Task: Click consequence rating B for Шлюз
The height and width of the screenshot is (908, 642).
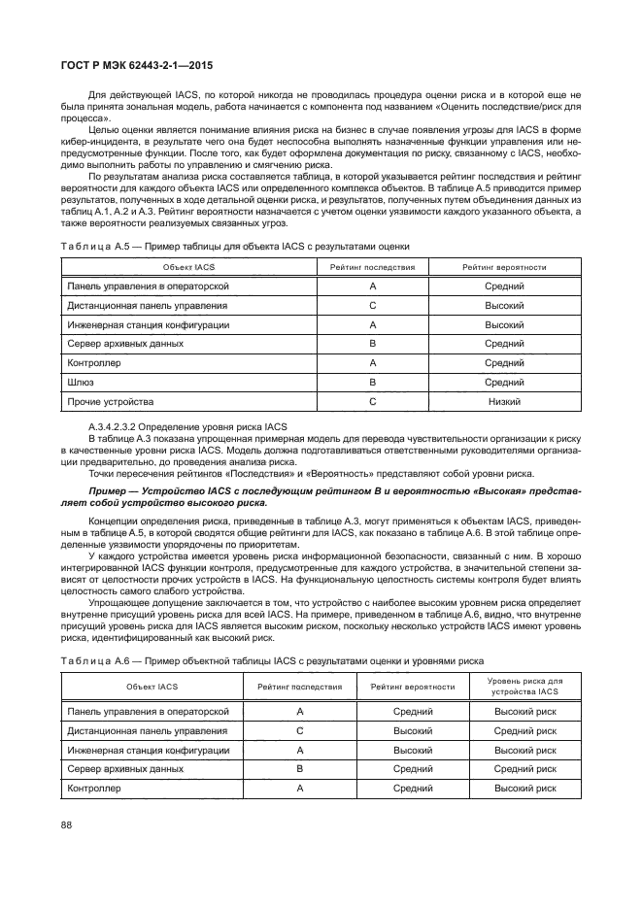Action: pos(372,382)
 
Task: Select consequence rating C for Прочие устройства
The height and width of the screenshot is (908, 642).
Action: pos(372,401)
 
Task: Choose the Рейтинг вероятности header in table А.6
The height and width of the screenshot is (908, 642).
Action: pos(413,686)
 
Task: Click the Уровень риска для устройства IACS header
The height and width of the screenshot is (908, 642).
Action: pos(524,686)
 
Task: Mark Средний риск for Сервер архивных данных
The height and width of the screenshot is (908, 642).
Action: pos(524,769)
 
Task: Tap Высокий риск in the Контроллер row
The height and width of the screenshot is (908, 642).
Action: pos(524,789)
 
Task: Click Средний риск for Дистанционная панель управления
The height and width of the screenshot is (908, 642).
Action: pos(524,730)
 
